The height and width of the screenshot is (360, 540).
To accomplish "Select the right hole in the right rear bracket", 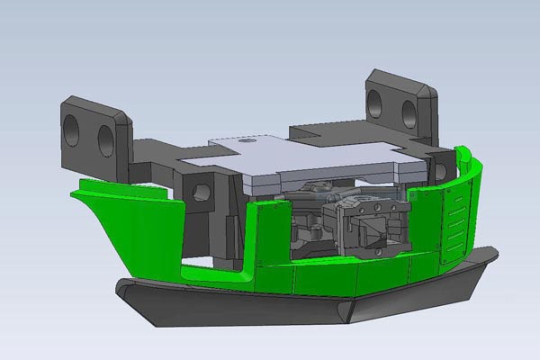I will [x=408, y=112].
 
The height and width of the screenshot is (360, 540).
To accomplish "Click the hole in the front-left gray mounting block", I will [x=201, y=191].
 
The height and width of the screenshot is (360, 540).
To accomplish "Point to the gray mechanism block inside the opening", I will [x=369, y=225].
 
